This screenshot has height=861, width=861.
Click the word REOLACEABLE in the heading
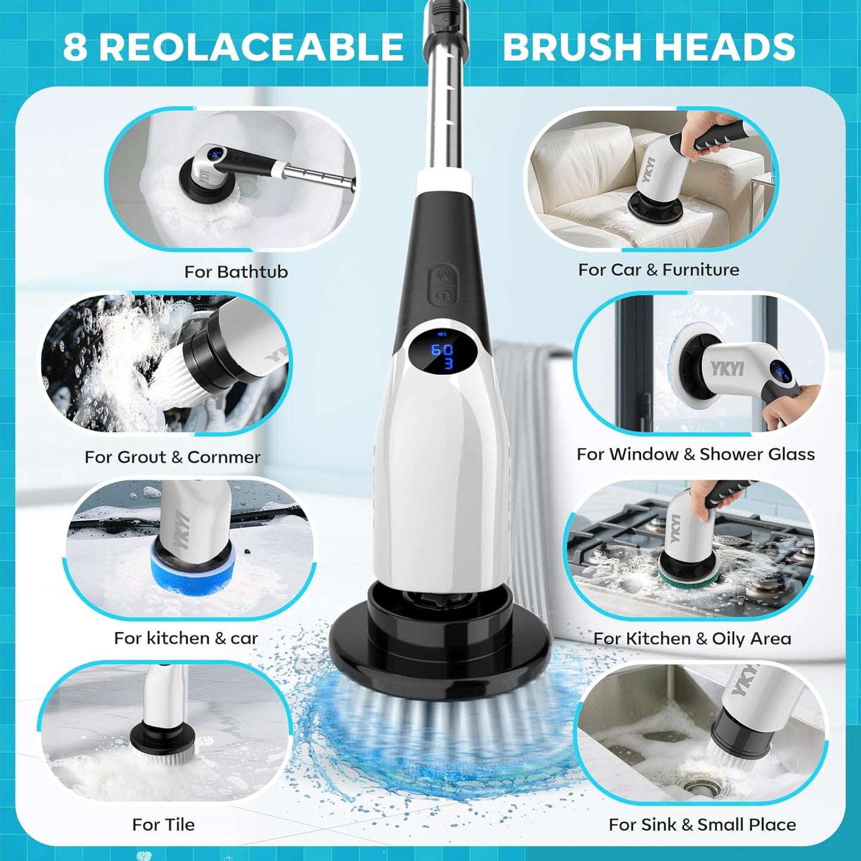click(x=251, y=47)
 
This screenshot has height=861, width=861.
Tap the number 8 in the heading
click(x=74, y=47)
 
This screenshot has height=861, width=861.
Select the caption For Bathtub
click(x=236, y=272)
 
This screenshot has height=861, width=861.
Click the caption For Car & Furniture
click(x=658, y=270)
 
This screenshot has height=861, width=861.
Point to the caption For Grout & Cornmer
click(x=172, y=457)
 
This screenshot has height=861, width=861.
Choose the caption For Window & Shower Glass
click(x=695, y=454)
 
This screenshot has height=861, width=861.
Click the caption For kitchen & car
click(x=186, y=638)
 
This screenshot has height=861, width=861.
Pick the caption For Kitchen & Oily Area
click(x=692, y=639)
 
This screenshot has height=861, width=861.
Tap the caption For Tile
click(x=163, y=825)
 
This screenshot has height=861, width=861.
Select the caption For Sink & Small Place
click(x=702, y=825)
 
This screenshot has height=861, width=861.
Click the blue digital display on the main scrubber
click(x=442, y=355)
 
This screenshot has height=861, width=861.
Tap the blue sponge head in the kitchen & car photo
click(x=192, y=570)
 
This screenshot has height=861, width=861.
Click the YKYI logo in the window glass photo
click(x=727, y=368)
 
